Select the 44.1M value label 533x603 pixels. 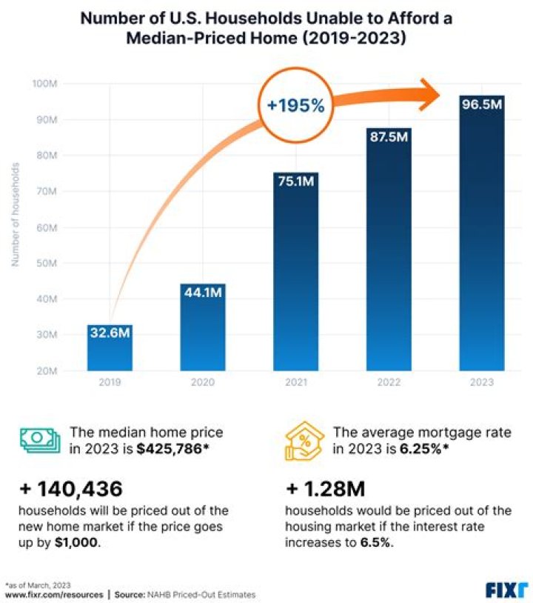[x=203, y=293]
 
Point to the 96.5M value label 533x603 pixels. [x=482, y=105]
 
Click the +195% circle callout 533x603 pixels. [x=296, y=106]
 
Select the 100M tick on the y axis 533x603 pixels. [x=45, y=84]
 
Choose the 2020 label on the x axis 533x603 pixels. [x=203, y=382]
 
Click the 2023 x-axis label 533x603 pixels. [x=482, y=382]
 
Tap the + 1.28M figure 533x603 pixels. [x=325, y=489]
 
